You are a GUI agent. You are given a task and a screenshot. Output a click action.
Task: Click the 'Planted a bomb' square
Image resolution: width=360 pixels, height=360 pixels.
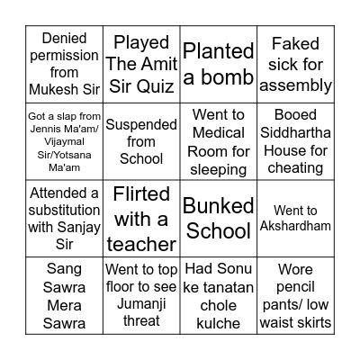218,64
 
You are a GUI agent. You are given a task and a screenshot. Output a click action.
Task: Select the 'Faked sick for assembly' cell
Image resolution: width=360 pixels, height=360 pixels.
295,64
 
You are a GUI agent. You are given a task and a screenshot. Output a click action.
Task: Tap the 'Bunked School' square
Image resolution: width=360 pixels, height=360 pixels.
218,218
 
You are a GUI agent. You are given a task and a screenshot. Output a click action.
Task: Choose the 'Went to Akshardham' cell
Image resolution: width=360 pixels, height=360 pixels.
295,218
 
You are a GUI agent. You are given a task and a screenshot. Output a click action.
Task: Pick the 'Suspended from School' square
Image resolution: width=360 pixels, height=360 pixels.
141,141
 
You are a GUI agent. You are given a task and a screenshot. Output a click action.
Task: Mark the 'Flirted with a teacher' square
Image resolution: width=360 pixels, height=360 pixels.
141,218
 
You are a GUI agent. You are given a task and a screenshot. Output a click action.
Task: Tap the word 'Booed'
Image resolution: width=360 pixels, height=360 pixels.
295,115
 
